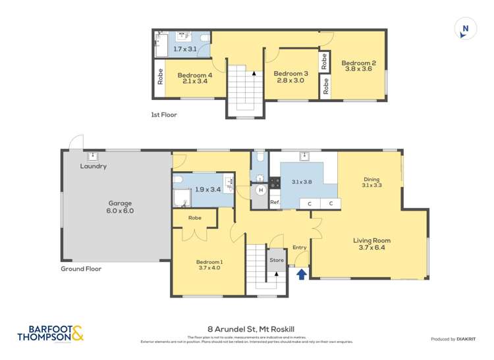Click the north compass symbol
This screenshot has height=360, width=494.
coord(466,28)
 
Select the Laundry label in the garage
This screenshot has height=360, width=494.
coord(94,167)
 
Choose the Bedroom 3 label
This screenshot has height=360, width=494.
coord(290,76)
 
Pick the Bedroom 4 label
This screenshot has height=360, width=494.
coord(194,78)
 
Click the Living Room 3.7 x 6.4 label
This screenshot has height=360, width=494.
coord(372,244)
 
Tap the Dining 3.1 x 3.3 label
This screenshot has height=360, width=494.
coord(371,182)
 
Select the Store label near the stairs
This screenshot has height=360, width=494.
coord(277,261)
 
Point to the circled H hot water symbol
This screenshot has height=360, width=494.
coord(260,190)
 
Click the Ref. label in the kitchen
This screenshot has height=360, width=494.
coord(275,203)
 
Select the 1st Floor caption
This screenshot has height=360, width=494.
coord(164,115)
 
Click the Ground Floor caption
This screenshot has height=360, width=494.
coord(81,269)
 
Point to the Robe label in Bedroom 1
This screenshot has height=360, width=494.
coord(194,218)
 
